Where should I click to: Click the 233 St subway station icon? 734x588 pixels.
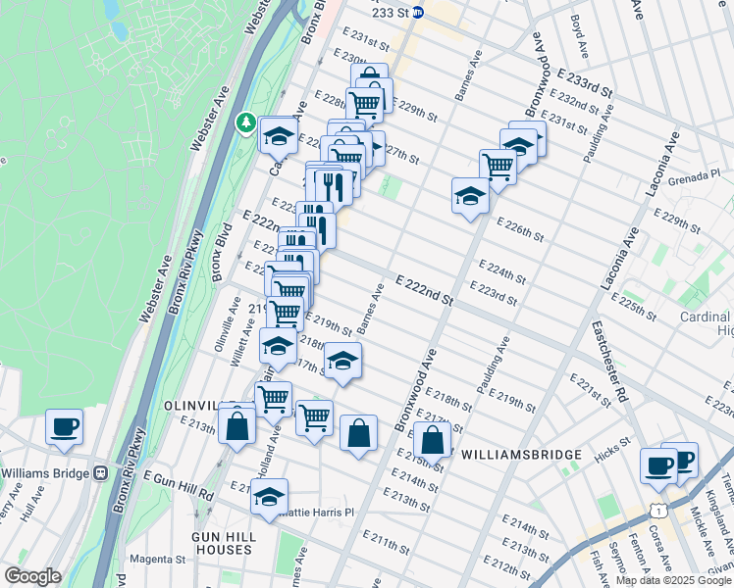(417, 13)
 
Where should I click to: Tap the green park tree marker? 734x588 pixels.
(245, 123)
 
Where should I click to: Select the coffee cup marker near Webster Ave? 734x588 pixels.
(65, 427)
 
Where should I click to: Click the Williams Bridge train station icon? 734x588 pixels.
(100, 472)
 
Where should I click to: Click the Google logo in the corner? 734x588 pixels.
(31, 576)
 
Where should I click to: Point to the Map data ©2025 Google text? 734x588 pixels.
(673, 580)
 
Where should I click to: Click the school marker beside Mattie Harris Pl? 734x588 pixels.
(269, 497)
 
